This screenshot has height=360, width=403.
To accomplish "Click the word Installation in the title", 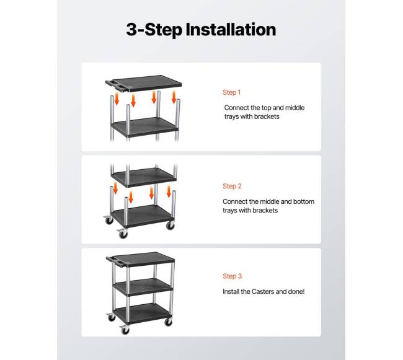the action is click(231, 29).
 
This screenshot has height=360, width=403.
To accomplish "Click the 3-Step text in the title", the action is click(154, 30).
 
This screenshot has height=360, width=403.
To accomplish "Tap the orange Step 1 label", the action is click(232, 92).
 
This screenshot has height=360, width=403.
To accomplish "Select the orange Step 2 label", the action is click(232, 186).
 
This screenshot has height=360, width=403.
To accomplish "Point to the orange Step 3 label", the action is click(232, 276).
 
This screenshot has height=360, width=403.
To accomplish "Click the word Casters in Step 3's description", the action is click(263, 291).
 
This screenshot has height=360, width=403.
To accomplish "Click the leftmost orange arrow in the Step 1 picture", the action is click(117, 99).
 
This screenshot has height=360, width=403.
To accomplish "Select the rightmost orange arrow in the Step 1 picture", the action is click(174, 97).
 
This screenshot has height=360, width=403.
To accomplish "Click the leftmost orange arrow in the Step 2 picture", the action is click(115, 188).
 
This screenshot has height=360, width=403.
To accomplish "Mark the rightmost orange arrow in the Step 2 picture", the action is click(169, 191).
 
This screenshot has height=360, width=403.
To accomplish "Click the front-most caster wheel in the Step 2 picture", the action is click(123, 234).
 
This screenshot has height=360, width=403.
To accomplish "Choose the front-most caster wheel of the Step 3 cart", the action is click(125, 330).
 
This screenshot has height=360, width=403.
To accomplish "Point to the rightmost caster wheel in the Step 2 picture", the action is click(170, 225).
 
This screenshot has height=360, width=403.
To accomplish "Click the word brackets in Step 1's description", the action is click(266, 116).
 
